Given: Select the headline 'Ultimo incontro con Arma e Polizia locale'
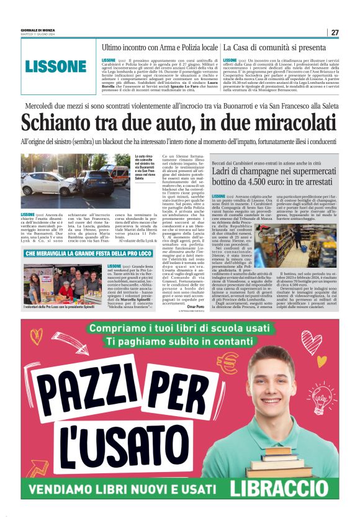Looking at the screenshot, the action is click(x=160, y=47).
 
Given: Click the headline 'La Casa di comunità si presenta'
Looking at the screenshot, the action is click(x=274, y=47).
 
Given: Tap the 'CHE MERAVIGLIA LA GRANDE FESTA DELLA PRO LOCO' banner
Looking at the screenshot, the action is click(x=89, y=253).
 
